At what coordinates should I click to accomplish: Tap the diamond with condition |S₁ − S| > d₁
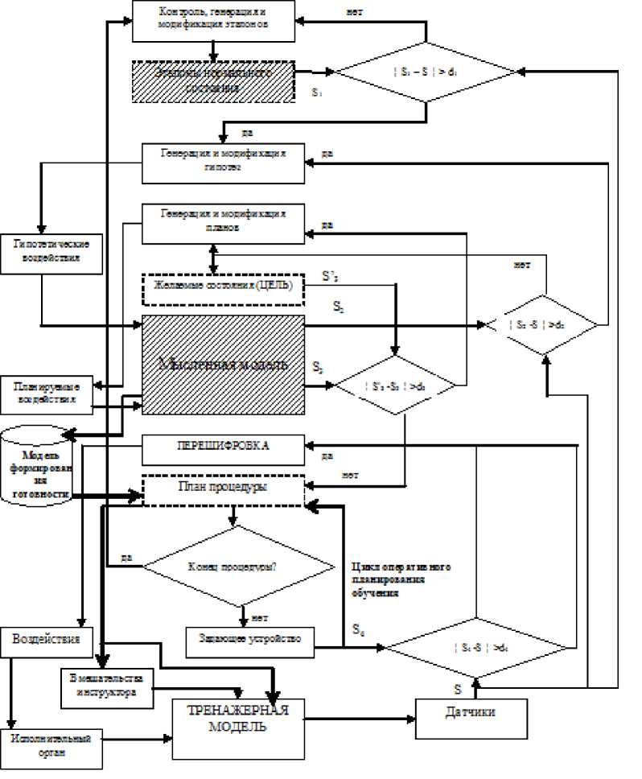(426, 72)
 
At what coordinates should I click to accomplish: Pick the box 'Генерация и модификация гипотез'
(224, 163)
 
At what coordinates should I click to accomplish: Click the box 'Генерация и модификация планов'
(224, 222)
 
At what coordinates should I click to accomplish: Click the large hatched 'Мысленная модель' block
(224, 365)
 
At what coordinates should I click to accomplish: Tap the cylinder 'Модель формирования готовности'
(36, 467)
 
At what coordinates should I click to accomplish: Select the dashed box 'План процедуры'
(224, 488)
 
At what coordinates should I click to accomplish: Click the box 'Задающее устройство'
(249, 638)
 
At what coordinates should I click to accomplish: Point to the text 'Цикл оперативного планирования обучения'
(400, 578)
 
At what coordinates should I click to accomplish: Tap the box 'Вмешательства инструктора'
(107, 686)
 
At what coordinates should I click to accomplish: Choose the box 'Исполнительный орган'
(53, 746)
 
